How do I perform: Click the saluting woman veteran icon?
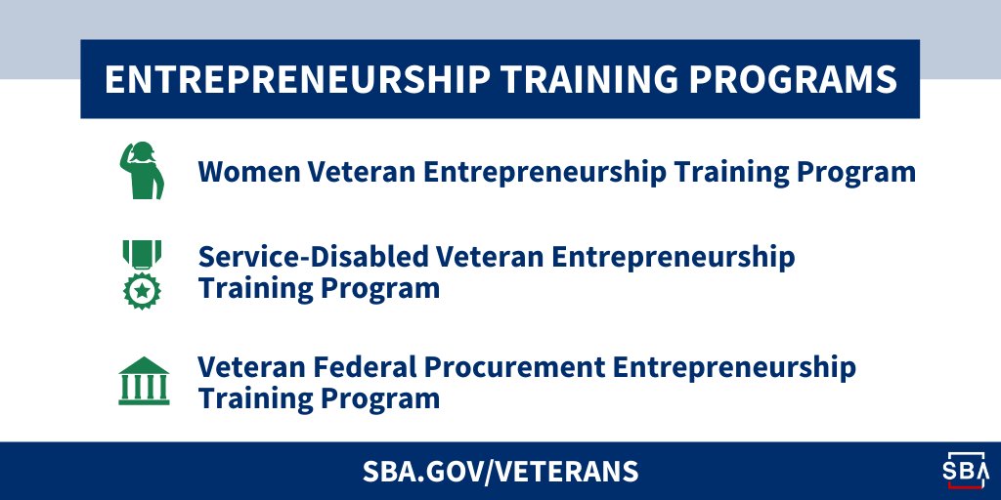pyautogui.click(x=143, y=172)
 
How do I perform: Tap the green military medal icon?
pyautogui.click(x=143, y=273)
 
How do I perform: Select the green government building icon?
pyautogui.click(x=143, y=382)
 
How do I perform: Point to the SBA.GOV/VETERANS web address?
pyautogui.click(x=500, y=472)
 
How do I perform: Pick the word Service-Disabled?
pyautogui.click(x=314, y=258)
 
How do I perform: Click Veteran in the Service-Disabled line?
pyautogui.click(x=491, y=258)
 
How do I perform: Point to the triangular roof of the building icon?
pyautogui.click(x=144, y=365)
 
